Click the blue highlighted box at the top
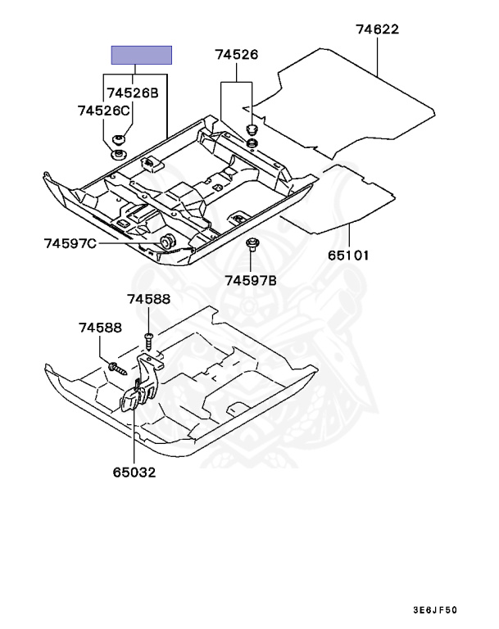click(x=142, y=56)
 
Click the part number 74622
click(x=377, y=29)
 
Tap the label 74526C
click(x=104, y=110)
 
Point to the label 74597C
click(x=70, y=242)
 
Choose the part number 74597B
click(x=252, y=280)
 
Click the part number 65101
click(x=349, y=255)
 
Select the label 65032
click(x=134, y=472)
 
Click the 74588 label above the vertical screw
click(x=148, y=301)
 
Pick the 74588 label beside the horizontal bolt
click(x=100, y=328)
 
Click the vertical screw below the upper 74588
click(x=148, y=337)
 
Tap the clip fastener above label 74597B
click(x=252, y=245)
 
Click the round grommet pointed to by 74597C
click(x=167, y=241)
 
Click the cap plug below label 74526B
click(x=119, y=139)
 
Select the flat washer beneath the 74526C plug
click(x=119, y=154)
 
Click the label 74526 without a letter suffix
click(x=237, y=55)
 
